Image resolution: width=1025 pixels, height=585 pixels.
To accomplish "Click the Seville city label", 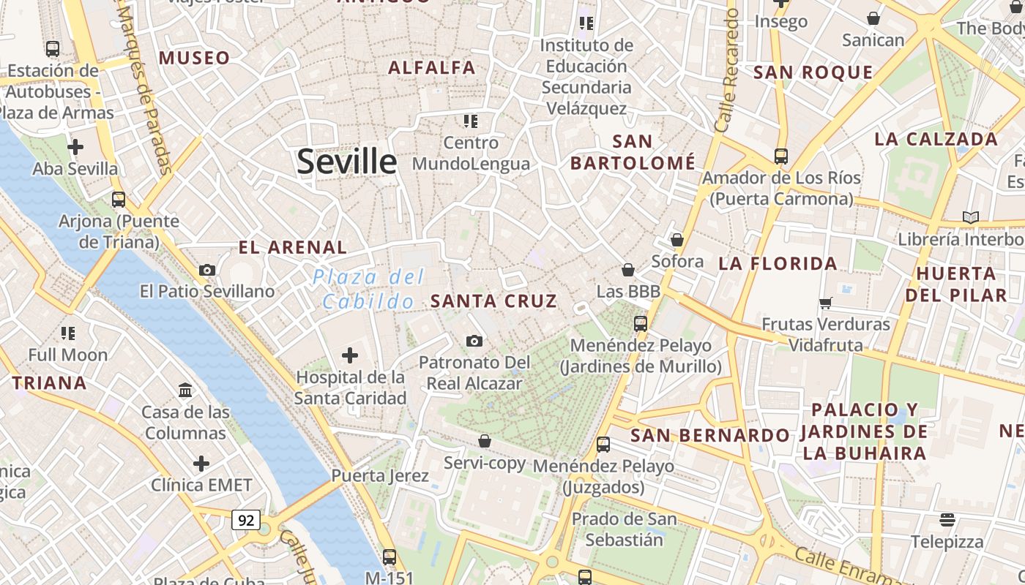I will [346, 162].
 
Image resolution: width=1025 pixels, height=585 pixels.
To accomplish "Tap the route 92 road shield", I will [246, 520].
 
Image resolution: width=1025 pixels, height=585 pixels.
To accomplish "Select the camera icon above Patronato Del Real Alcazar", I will [474, 341].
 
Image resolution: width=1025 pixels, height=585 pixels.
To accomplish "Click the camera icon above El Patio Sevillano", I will [207, 270].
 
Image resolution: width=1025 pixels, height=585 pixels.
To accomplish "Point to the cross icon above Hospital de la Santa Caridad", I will [350, 355].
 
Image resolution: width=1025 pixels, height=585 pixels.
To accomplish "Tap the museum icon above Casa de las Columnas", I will [185, 390].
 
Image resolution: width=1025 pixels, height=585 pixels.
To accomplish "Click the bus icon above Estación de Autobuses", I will [53, 49].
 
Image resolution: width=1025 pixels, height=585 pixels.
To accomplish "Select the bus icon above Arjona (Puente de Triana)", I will [119, 199].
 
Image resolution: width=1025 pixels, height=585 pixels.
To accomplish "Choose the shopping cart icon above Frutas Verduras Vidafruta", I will [825, 303].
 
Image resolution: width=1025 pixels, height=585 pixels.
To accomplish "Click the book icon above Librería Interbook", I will [971, 217].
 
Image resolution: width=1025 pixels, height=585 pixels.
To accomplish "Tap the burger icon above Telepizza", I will [947, 520].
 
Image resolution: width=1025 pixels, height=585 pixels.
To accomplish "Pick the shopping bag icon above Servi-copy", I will [484, 441].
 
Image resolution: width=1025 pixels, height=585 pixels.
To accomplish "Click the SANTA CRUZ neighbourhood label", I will [493, 301].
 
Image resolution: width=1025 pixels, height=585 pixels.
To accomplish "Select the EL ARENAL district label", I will [293, 247].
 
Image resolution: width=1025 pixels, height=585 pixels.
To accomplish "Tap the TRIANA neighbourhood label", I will [49, 382].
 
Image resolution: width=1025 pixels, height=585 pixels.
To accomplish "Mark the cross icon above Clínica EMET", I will [201, 464].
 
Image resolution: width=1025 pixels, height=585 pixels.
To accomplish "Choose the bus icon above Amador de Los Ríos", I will [781, 156].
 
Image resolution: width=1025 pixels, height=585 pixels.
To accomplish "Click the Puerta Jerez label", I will [380, 476].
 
